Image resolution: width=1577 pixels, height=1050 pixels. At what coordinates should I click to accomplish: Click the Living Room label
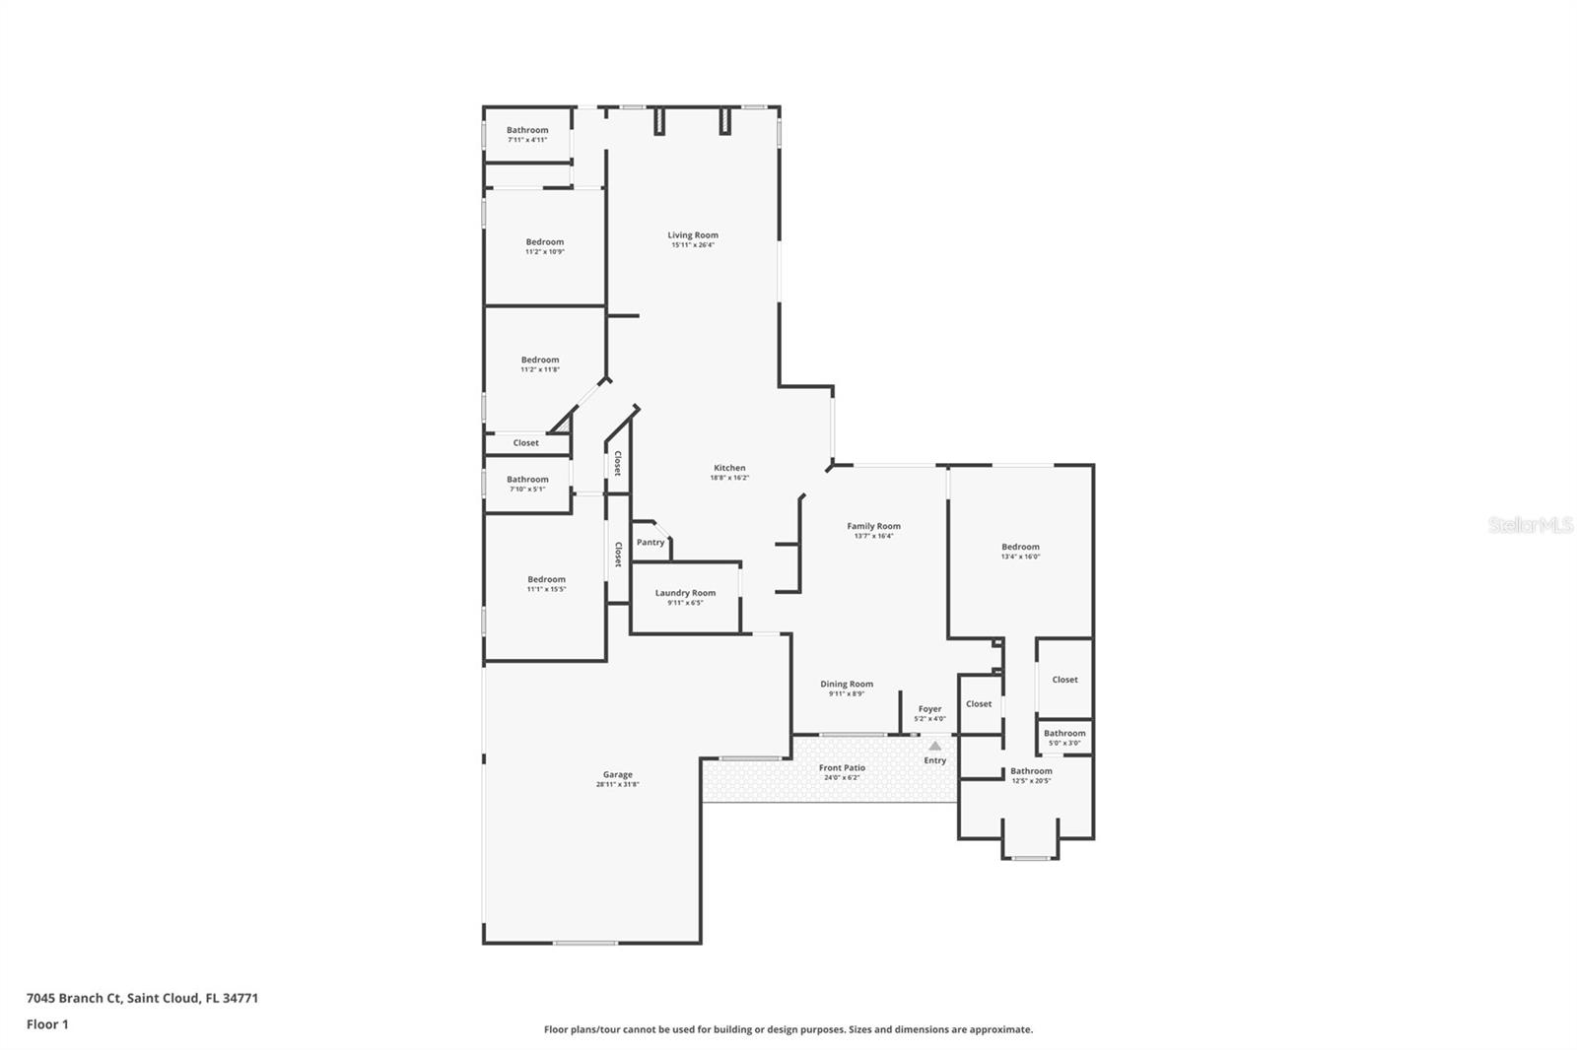tap(693, 235)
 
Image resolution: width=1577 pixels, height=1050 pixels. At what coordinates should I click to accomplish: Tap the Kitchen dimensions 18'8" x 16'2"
tap(729, 478)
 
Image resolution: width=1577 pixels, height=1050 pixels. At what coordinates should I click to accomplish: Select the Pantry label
tap(651, 543)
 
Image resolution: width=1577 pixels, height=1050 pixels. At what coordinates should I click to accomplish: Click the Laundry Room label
tap(685, 593)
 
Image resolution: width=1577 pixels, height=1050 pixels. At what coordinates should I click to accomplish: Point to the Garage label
tap(618, 774)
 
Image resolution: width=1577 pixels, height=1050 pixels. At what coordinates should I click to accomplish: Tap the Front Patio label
tap(842, 767)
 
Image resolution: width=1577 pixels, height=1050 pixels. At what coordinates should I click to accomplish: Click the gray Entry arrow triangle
tap(934, 746)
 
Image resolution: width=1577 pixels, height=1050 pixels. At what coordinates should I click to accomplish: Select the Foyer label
tap(929, 708)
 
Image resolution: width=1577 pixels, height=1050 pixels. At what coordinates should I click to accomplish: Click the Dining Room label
tap(847, 684)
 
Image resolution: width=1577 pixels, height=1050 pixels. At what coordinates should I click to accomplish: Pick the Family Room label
tap(873, 526)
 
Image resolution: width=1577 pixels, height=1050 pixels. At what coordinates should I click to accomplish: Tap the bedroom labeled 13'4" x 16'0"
tap(1020, 551)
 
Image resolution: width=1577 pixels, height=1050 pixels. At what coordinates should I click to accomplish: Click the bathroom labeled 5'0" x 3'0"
tap(1064, 737)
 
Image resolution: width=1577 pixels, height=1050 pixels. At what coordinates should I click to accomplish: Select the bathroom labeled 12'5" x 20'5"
tap(1031, 775)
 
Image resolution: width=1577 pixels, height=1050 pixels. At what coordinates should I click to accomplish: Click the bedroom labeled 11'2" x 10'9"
tap(544, 246)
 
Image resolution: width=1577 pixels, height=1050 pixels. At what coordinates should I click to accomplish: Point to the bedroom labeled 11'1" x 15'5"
tap(546, 584)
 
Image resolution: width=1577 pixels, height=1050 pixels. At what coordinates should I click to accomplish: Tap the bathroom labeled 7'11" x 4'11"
tap(527, 134)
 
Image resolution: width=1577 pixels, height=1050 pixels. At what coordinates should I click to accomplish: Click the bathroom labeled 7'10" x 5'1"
tap(527, 484)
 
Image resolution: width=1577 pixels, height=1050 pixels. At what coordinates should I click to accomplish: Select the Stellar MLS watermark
tap(1530, 526)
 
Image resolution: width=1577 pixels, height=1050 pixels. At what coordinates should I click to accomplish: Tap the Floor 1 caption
tap(47, 1024)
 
